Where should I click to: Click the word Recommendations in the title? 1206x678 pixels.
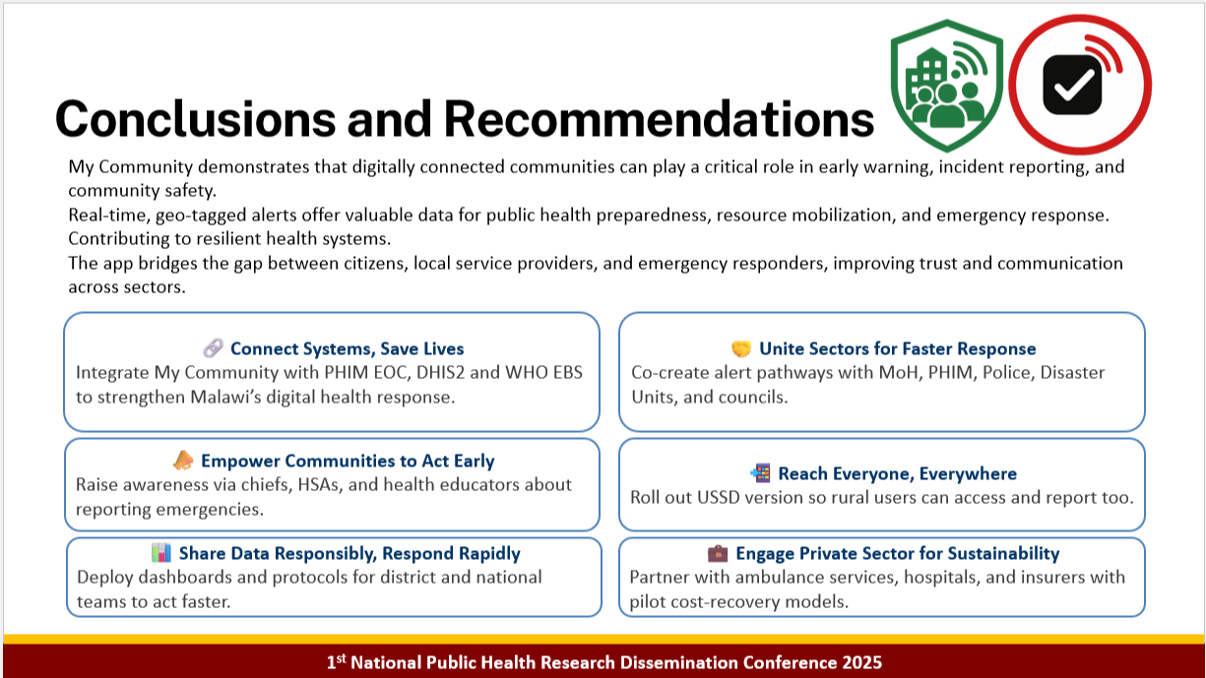(659, 119)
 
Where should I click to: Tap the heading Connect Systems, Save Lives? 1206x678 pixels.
(347, 348)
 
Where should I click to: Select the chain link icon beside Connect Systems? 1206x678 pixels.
(213, 348)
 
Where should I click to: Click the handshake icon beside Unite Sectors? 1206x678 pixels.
(741, 348)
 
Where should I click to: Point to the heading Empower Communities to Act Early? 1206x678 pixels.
(348, 461)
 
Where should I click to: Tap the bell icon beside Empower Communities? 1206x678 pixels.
(183, 461)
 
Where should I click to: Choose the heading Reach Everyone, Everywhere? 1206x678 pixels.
(897, 473)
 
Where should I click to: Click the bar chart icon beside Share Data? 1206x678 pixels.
(161, 553)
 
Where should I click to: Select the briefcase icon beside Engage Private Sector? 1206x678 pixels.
(718, 553)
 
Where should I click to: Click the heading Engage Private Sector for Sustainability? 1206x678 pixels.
(897, 553)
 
